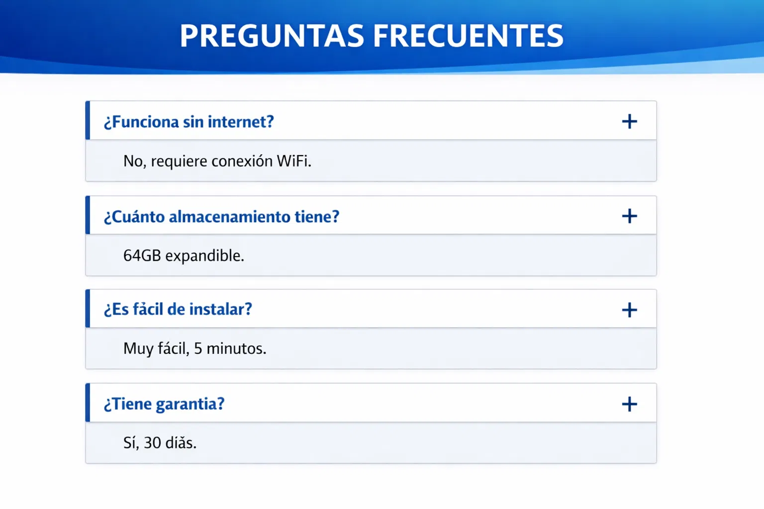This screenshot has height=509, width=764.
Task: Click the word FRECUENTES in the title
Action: pyautogui.click(x=468, y=36)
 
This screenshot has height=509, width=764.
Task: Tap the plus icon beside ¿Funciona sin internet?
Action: pyautogui.click(x=629, y=121)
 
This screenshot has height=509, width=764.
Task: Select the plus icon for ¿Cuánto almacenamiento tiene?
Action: pyautogui.click(x=629, y=216)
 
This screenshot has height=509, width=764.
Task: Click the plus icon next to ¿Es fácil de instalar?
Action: pyautogui.click(x=629, y=310)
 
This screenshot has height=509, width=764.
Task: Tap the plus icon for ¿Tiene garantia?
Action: pyautogui.click(x=629, y=404)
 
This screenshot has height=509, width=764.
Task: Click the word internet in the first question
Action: pyautogui.click(x=241, y=122)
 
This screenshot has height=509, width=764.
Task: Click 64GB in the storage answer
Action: pyautogui.click(x=142, y=255)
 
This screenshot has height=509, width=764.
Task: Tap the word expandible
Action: pyautogui.click(x=204, y=255)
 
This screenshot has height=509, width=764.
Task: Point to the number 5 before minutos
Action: pyautogui.click(x=198, y=348)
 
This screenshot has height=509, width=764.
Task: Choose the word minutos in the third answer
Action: pyautogui.click(x=236, y=348)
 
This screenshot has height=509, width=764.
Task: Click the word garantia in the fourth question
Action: pyautogui.click(x=190, y=404)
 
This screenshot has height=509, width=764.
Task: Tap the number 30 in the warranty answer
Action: pyautogui.click(x=152, y=442)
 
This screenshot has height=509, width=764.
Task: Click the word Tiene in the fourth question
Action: pyautogui.click(x=127, y=404)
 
